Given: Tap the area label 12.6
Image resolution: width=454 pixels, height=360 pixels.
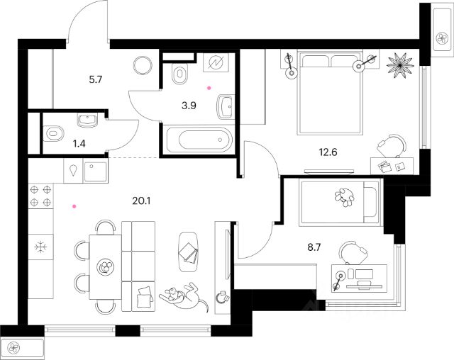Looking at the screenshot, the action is click(x=327, y=150).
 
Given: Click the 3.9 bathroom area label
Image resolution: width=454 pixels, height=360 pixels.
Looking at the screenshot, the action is click(x=188, y=107).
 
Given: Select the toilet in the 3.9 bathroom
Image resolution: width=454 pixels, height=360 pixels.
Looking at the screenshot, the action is click(x=180, y=73).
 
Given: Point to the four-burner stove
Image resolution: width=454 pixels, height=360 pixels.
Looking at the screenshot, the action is click(x=42, y=196).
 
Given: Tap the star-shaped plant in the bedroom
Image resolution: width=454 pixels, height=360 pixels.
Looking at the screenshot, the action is click(x=399, y=64).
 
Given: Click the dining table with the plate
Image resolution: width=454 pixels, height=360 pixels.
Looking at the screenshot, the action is click(x=104, y=266).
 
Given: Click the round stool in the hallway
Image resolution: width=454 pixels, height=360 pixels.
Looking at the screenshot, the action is click(x=143, y=65).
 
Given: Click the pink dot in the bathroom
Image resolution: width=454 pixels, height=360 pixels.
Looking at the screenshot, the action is click(x=209, y=88).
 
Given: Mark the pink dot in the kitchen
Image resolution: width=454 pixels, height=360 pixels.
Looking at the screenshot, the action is click(x=73, y=207).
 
